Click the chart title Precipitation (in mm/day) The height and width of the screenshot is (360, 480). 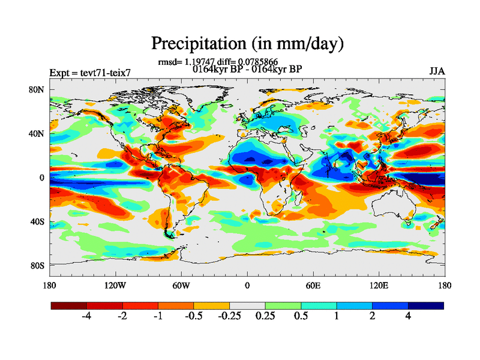pyautogui.click(x=247, y=44)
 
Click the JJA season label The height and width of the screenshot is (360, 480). pyautogui.click(x=437, y=71)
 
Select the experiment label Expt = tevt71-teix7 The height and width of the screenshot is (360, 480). pyautogui.click(x=89, y=73)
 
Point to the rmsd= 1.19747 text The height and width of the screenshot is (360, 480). pyautogui.click(x=180, y=62)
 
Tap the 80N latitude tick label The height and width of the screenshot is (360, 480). pyautogui.click(x=38, y=90)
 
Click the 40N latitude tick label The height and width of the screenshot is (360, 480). pyautogui.click(x=38, y=134)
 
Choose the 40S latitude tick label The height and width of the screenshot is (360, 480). pyautogui.click(x=38, y=221)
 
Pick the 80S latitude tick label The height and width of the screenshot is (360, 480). pyautogui.click(x=38, y=265)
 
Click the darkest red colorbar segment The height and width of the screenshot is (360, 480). pyautogui.click(x=69, y=305)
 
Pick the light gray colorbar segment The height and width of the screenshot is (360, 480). pyautogui.click(x=247, y=305)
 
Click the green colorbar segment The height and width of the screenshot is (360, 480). pyautogui.click(x=283, y=305)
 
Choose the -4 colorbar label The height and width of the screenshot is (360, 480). pyautogui.click(x=86, y=317)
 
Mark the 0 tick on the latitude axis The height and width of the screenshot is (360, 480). pyautogui.click(x=42, y=178)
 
